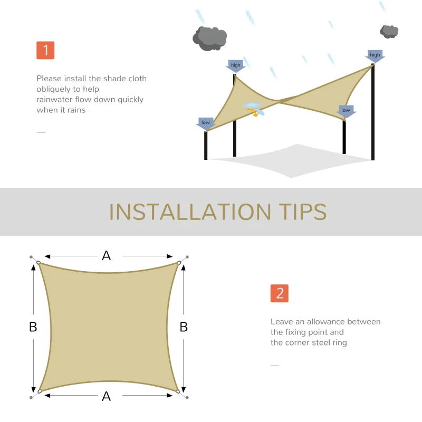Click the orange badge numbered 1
click(x=45, y=50)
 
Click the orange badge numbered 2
click(x=280, y=293)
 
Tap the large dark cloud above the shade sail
click(x=209, y=38)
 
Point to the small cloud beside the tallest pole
click(x=389, y=31)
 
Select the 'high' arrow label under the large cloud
click(x=235, y=65)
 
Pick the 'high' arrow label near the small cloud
click(x=375, y=55)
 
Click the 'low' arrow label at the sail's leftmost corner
click(x=205, y=123)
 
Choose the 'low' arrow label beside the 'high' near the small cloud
click(x=346, y=111)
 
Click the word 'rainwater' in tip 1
click(x=55, y=100)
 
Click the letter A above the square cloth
click(x=107, y=256)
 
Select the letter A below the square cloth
click(x=107, y=396)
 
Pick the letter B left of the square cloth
click(x=33, y=327)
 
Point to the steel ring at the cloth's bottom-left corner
click(x=38, y=391)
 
